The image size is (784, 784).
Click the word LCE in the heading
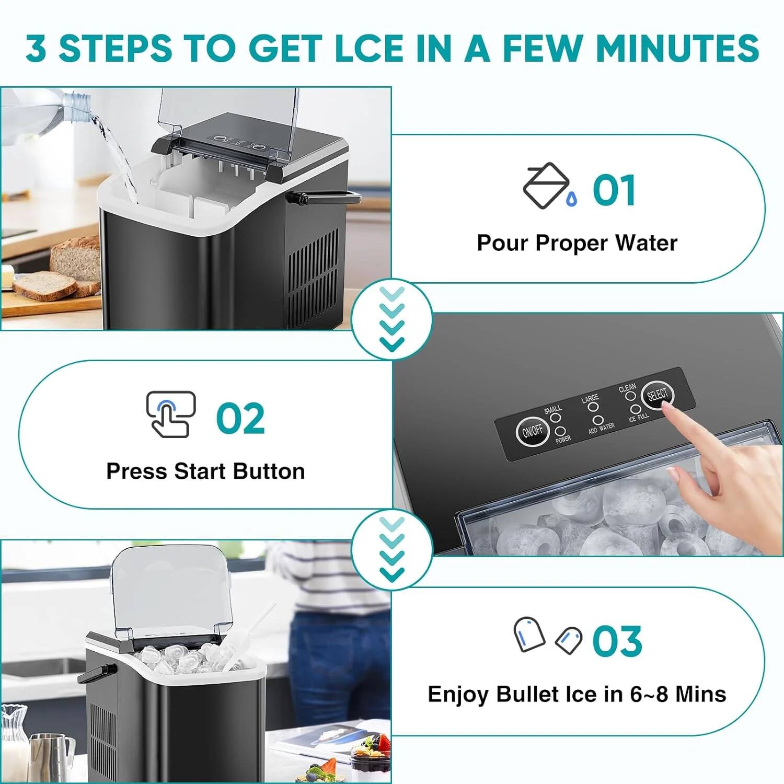coord(368,48)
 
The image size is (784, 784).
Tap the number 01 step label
coord(614,190)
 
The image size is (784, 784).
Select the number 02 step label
coord(240,418)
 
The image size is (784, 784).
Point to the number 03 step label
coord(617,641)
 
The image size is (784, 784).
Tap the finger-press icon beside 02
coord(170,414)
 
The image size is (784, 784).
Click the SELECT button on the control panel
coord(657,395)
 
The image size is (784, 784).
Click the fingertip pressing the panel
coord(673,413)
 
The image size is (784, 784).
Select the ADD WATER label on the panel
coord(602,428)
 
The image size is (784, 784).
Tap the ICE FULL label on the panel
coord(638,417)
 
